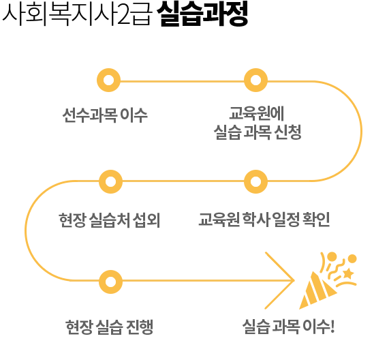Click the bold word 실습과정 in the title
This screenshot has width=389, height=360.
click(202, 14)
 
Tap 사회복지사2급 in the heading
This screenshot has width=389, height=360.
click(77, 14)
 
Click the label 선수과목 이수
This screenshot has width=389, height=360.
click(105, 115)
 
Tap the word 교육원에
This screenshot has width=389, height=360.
click(257, 113)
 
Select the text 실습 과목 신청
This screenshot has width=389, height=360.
click(258, 132)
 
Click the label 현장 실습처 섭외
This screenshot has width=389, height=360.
click(110, 220)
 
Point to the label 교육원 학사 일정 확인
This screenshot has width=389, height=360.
click(264, 220)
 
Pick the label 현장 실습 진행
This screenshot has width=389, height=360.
click(110, 327)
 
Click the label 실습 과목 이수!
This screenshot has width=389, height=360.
click(289, 326)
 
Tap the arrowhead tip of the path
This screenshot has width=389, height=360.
click(294, 280)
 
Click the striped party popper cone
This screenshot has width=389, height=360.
click(317, 290)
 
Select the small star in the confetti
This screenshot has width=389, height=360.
click(348, 273)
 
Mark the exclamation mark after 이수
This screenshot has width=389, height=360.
click(332, 326)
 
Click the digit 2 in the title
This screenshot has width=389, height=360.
click(124, 16)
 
